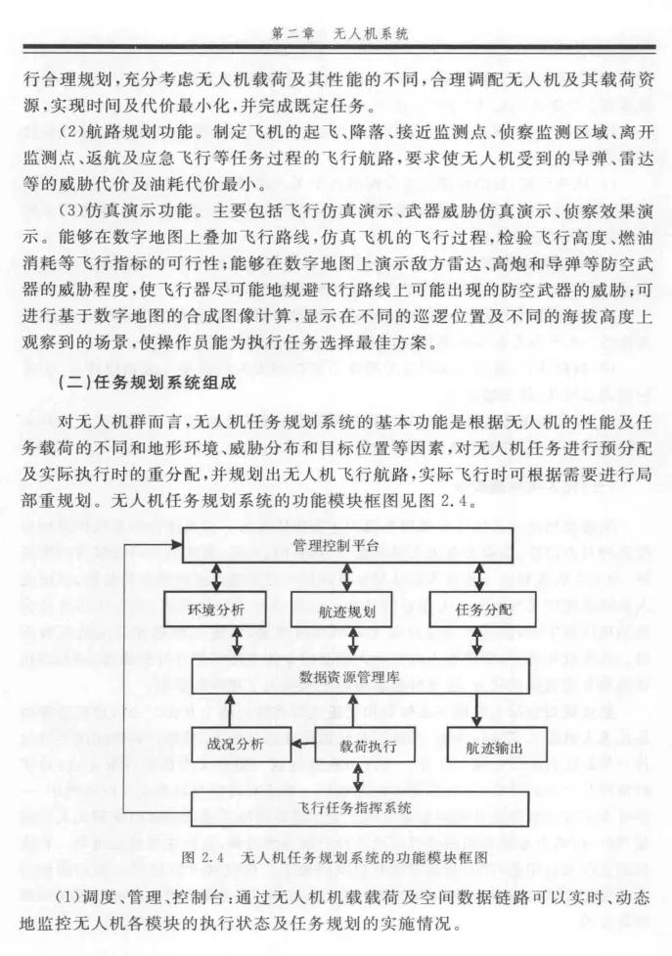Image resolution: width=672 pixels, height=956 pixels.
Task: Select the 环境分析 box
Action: click(x=214, y=609)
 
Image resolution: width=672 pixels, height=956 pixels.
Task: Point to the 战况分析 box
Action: click(x=235, y=743)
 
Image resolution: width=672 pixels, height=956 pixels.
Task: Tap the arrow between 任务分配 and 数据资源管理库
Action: click(x=476, y=641)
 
